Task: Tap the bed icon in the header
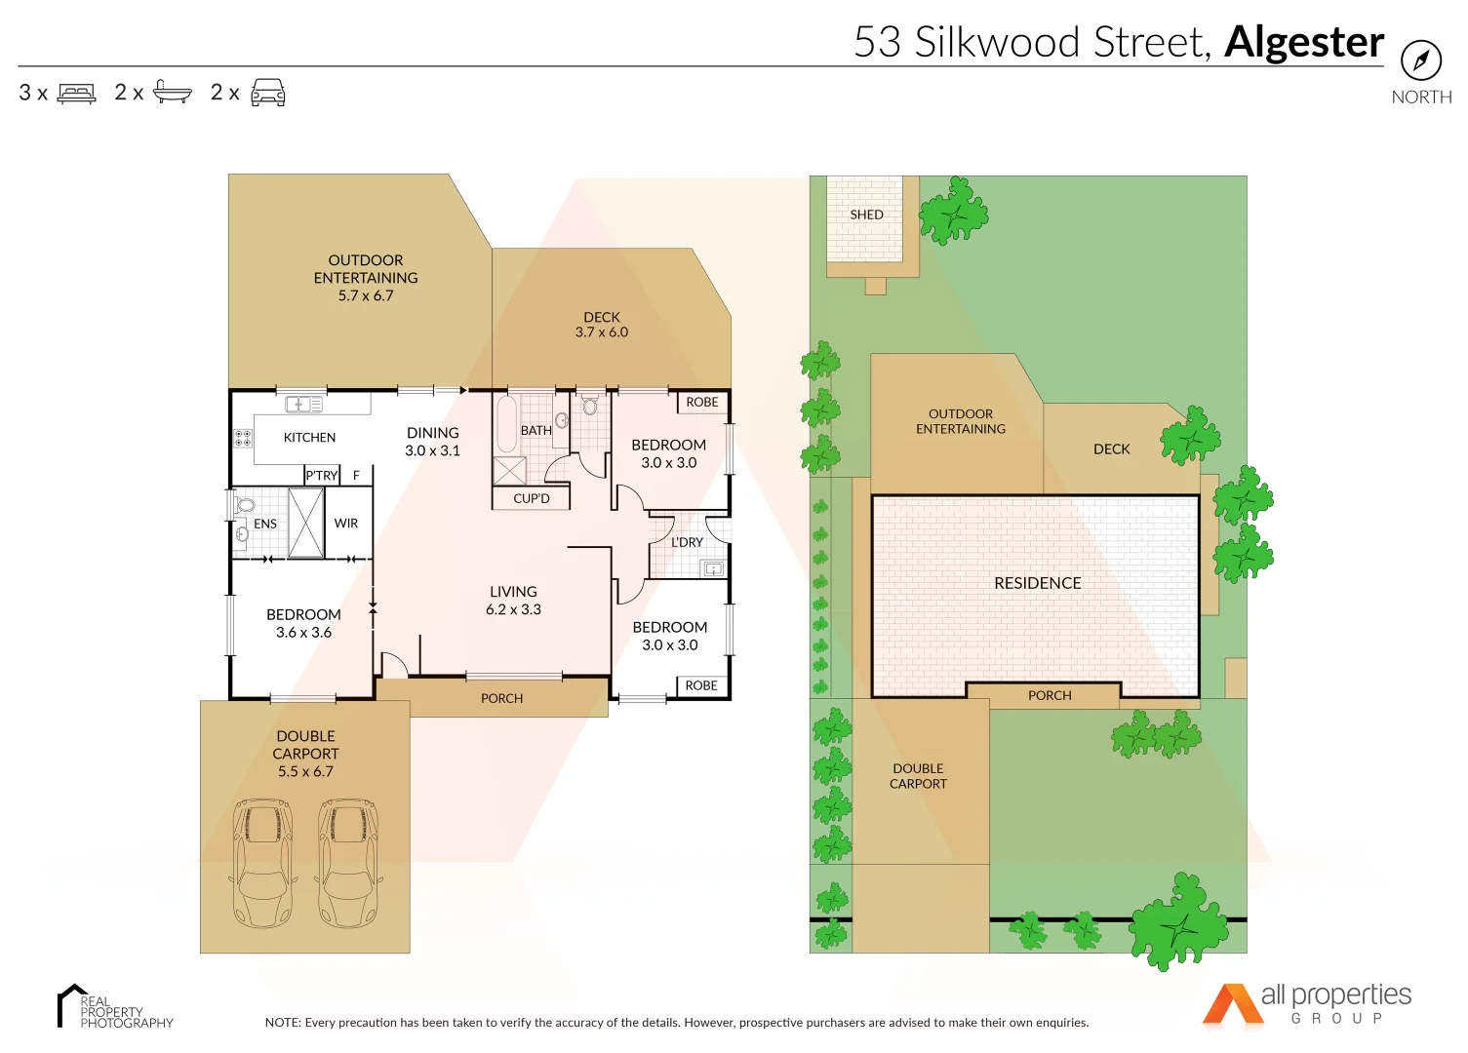(77, 94)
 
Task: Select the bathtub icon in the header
(173, 93)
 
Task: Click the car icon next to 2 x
(268, 93)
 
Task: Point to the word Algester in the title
(1303, 42)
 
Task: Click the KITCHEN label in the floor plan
(309, 438)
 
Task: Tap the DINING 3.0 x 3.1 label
(432, 442)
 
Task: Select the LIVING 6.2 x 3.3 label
(513, 601)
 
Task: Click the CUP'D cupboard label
(532, 499)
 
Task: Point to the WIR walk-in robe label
(346, 524)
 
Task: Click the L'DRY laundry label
(687, 542)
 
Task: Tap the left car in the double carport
(261, 863)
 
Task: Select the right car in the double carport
(348, 863)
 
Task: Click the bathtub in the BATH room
(506, 424)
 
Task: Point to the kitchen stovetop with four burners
(243, 438)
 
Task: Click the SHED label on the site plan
(866, 214)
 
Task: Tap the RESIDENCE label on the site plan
(1037, 583)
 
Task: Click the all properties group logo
(1307, 1004)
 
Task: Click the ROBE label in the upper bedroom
(701, 403)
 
